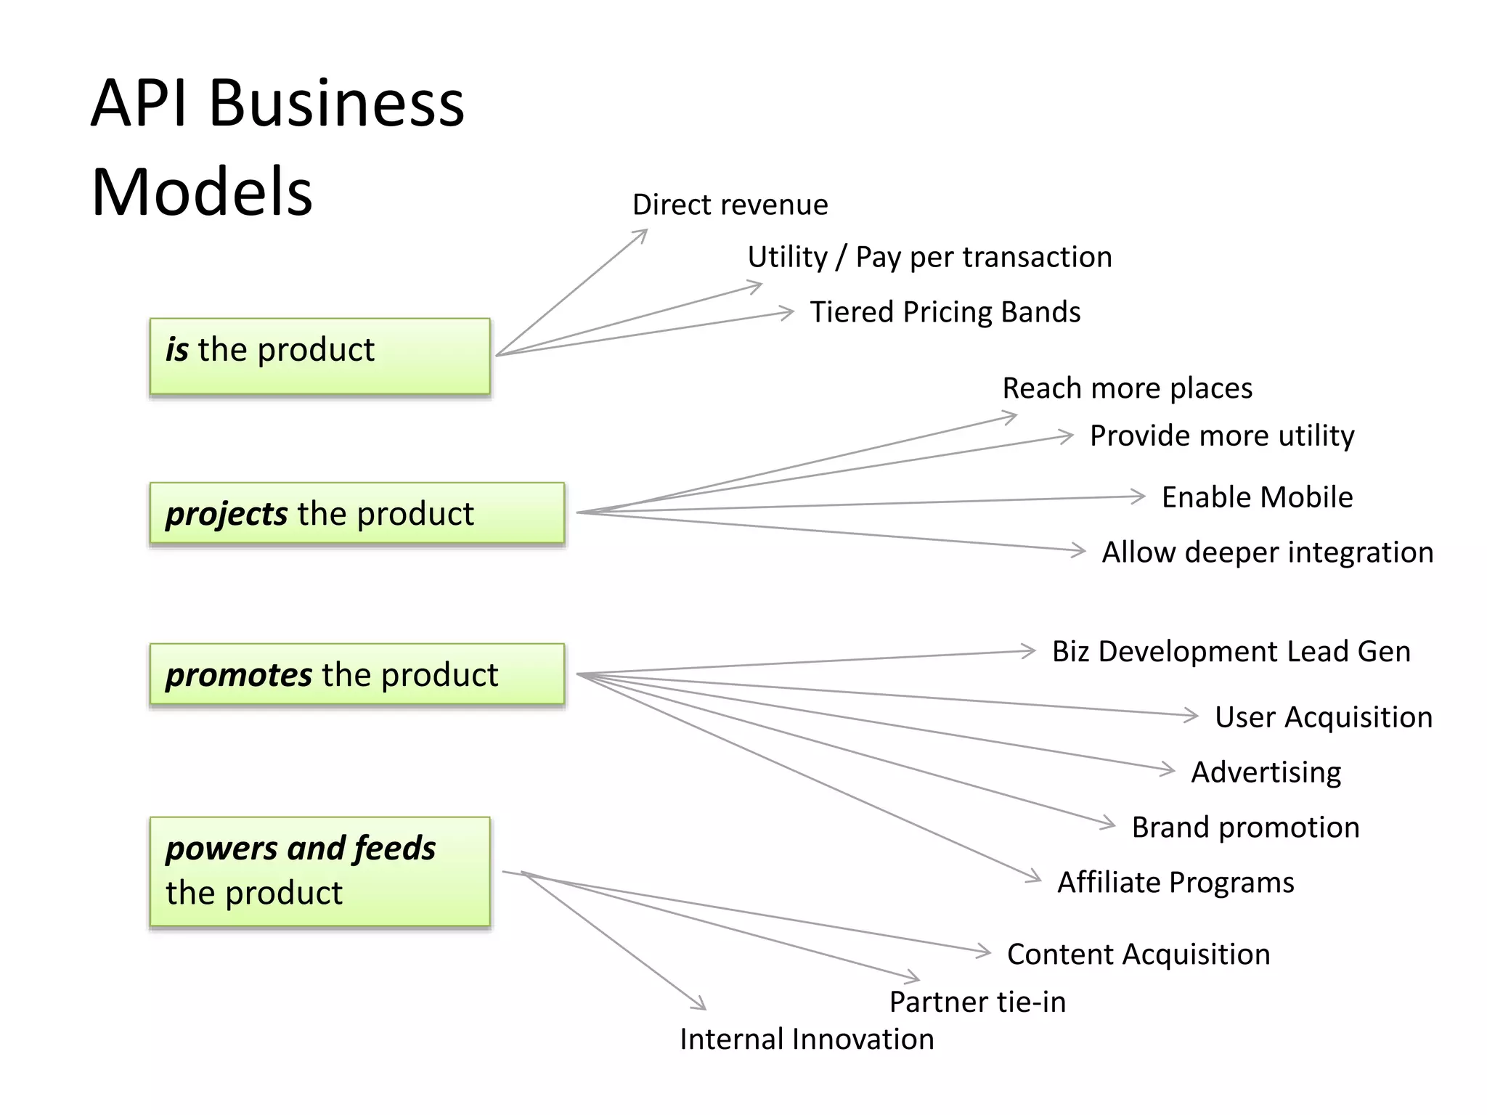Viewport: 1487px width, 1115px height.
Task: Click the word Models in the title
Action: (x=202, y=192)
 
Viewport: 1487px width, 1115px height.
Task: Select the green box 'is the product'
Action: (x=319, y=356)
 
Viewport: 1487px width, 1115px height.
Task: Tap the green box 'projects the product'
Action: (x=357, y=513)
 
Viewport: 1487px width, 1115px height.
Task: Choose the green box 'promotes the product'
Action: (x=357, y=674)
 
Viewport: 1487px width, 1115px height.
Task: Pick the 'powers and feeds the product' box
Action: (x=319, y=871)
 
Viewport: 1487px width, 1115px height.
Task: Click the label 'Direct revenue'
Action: (x=730, y=205)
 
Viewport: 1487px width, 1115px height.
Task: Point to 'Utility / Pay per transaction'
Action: (x=929, y=257)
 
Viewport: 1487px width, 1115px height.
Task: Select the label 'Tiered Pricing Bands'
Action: (x=945, y=312)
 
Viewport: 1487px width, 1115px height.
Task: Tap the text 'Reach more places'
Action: (x=1127, y=388)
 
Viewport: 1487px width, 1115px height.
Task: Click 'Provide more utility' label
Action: (x=1222, y=436)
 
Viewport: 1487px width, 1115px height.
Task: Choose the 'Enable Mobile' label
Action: (x=1257, y=497)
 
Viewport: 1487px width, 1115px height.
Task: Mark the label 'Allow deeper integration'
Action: (x=1268, y=552)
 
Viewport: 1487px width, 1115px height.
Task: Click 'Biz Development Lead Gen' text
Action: (x=1231, y=651)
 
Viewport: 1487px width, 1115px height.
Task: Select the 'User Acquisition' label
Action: (x=1324, y=717)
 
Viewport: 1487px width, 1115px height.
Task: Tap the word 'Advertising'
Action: (x=1266, y=772)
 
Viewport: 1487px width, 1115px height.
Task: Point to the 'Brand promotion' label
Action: (x=1245, y=828)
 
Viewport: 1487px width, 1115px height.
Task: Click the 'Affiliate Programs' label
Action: (x=1176, y=883)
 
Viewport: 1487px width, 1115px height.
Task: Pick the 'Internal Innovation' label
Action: (x=807, y=1040)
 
